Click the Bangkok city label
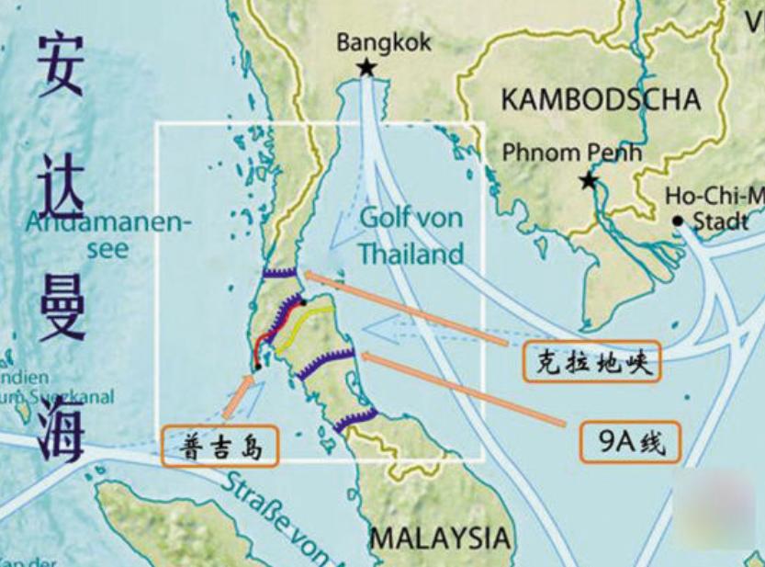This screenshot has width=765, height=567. pyautogui.click(x=383, y=42)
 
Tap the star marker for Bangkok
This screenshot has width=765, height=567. pyautogui.click(x=366, y=67)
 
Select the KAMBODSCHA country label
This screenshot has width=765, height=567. pyautogui.click(x=600, y=99)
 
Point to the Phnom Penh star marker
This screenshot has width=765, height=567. pyautogui.click(x=589, y=181)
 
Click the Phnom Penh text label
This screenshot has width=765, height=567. pyautogui.click(x=571, y=152)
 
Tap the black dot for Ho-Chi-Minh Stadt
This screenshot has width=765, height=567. pyautogui.click(x=678, y=221)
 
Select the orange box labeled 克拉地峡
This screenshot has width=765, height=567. pyautogui.click(x=591, y=363)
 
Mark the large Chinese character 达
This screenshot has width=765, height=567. pyautogui.click(x=61, y=184)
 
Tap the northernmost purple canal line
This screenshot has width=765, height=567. pyautogui.click(x=279, y=272)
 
